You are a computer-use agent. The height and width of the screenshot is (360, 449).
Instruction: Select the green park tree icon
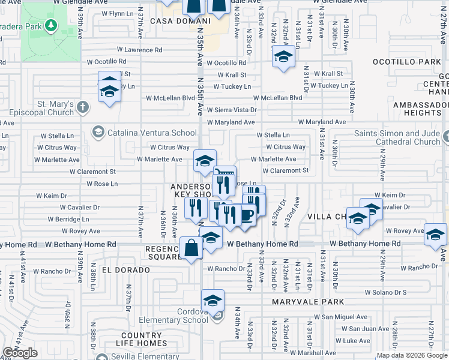tap(51, 25)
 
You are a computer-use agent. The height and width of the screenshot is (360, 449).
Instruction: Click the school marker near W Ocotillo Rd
tap(283, 58)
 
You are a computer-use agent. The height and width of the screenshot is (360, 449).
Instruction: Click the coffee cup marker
tap(246, 215)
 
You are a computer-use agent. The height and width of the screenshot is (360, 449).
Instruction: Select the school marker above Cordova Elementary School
tap(212, 300)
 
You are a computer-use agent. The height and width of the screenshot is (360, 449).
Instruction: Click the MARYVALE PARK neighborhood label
tap(307, 302)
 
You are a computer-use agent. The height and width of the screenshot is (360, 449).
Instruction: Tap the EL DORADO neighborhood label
tap(125, 270)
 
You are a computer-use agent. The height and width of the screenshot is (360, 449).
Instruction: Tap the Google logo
tap(20, 353)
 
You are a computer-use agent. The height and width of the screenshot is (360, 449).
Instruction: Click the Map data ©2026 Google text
tap(412, 355)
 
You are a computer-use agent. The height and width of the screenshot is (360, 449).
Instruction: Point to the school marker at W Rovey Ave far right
tap(435, 235)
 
